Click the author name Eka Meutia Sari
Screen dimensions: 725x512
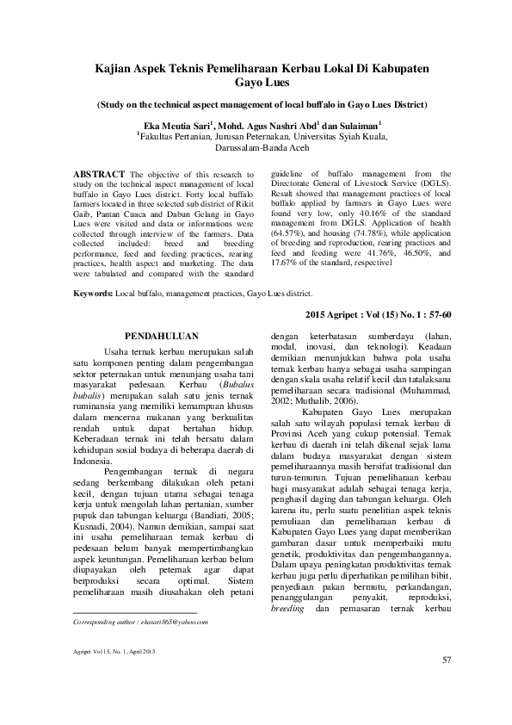(x=176, y=124)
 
